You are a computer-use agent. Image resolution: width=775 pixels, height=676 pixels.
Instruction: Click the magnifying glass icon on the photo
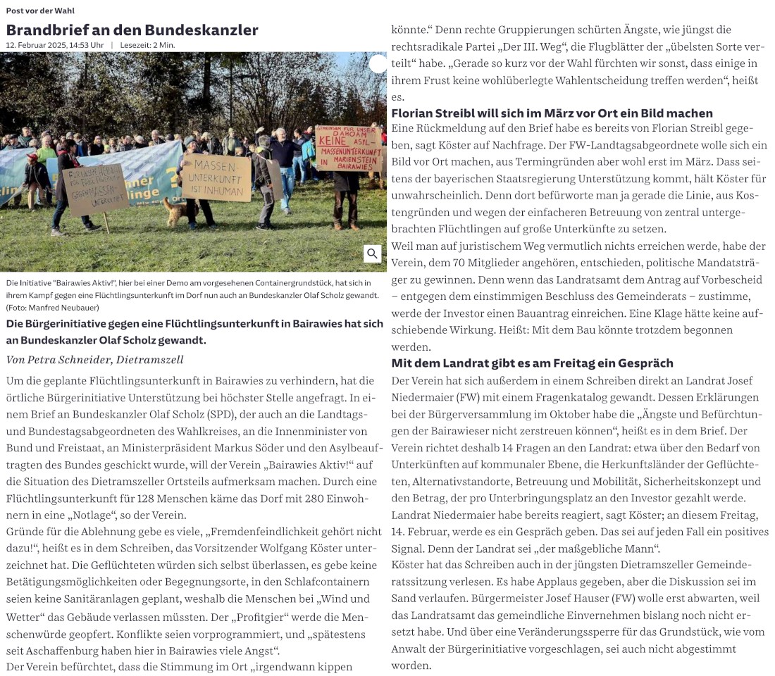click(373, 254)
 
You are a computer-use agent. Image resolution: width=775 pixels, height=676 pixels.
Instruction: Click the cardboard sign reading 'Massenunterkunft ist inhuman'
click(216, 178)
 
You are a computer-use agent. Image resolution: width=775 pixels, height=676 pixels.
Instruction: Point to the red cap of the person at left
click(70, 143)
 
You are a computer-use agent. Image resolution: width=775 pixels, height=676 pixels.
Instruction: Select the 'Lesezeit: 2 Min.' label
click(147, 45)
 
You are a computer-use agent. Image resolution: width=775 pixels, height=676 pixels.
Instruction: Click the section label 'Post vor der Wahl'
click(40, 11)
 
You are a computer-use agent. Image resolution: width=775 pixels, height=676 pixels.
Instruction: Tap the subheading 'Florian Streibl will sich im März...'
click(552, 113)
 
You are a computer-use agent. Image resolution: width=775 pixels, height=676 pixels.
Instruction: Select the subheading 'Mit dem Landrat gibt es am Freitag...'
click(532, 363)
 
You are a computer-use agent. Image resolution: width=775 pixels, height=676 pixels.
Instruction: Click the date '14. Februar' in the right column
click(423, 531)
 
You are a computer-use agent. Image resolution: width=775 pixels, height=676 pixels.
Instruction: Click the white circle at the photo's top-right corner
click(378, 64)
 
